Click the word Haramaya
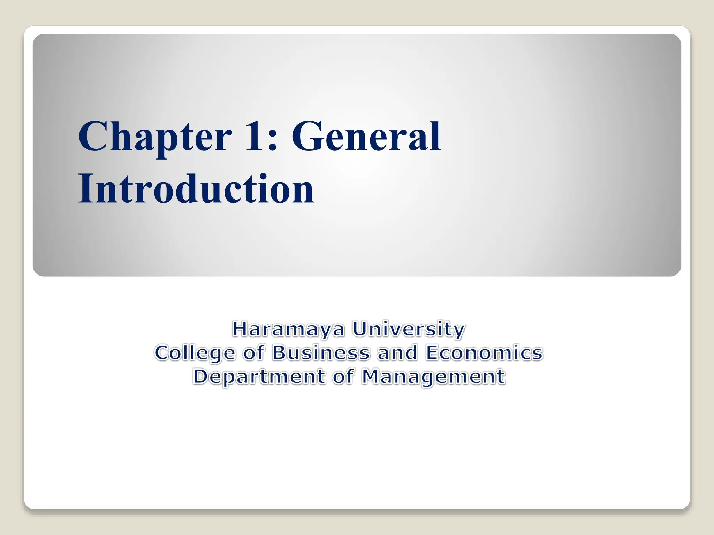288,329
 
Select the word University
409,329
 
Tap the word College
195,353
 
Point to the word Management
433,377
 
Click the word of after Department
343,377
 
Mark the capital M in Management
371,377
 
